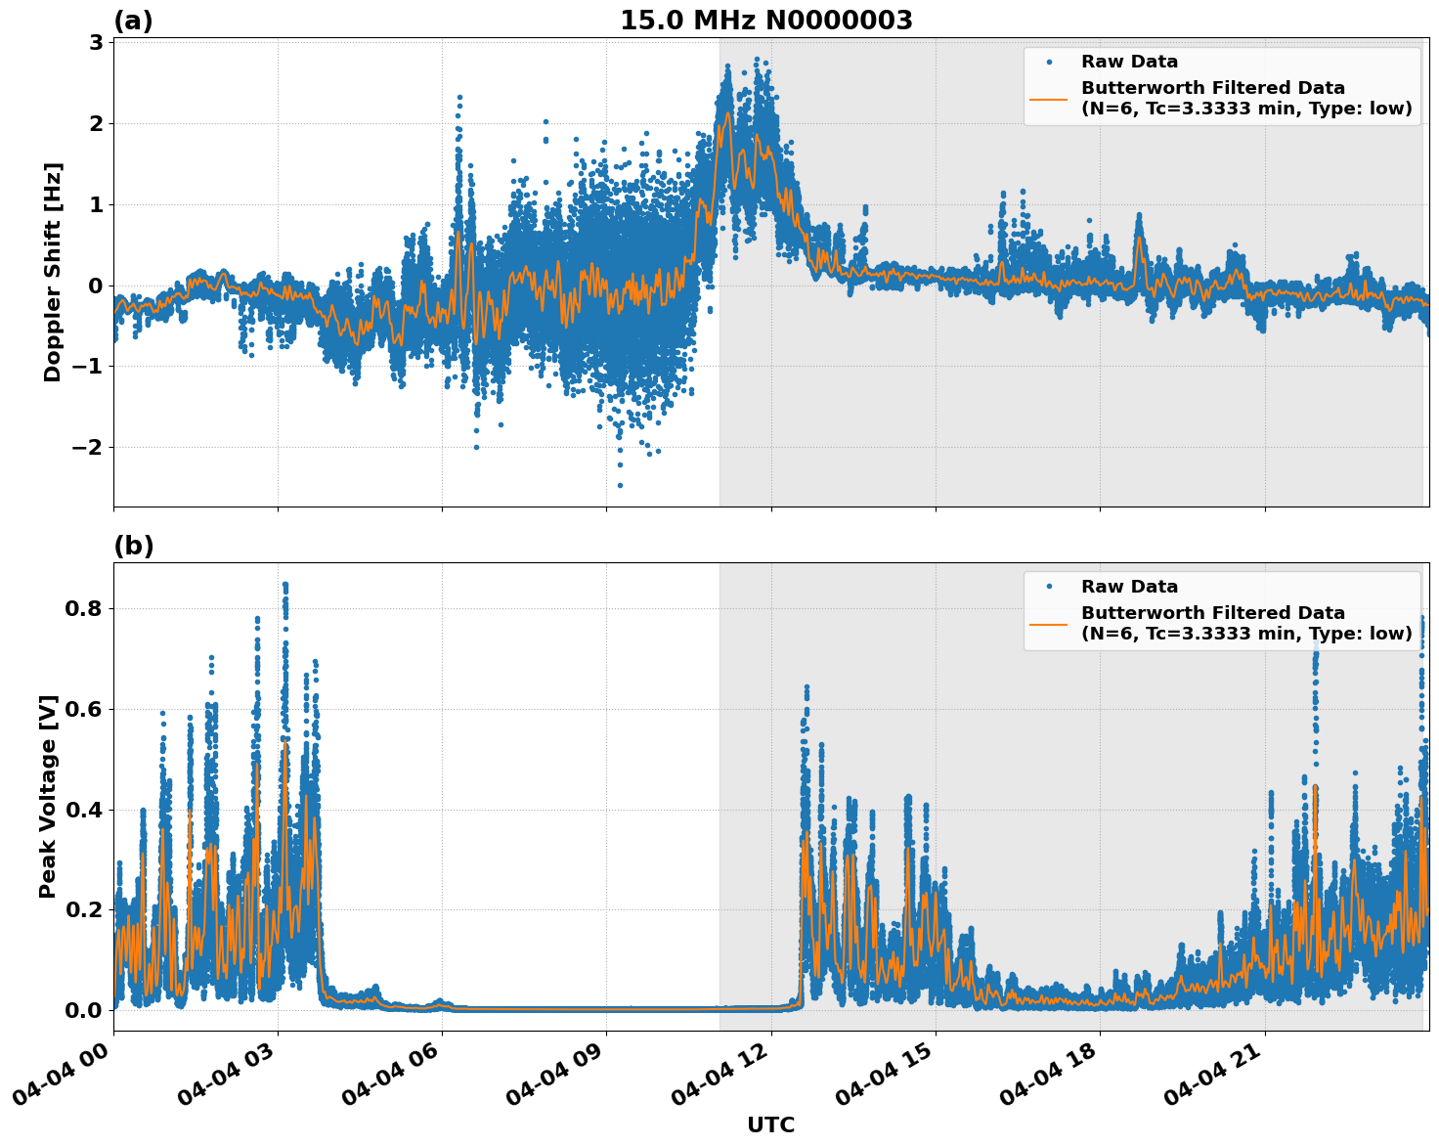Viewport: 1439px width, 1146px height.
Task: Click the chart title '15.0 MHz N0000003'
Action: click(765, 21)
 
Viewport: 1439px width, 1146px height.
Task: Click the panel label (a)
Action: click(133, 21)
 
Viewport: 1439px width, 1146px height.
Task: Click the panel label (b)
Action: click(133, 546)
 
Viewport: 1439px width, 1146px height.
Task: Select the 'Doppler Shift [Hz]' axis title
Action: click(53, 272)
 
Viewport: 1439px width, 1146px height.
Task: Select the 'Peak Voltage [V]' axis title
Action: click(48, 796)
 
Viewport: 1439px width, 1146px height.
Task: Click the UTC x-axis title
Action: click(770, 1124)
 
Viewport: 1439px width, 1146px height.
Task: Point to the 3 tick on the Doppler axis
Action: click(96, 42)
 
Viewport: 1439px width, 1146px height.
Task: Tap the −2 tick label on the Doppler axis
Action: click(88, 447)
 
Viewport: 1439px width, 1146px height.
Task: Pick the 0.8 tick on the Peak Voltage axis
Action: click(85, 608)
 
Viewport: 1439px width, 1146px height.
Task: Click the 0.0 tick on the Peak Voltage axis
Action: click(85, 1010)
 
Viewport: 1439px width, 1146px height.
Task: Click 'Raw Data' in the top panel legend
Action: click(1129, 62)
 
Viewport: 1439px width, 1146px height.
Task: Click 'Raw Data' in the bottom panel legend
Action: click(1129, 587)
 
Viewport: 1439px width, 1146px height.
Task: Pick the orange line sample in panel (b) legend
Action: click(1049, 623)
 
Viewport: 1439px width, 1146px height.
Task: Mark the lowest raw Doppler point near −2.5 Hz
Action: click(620, 485)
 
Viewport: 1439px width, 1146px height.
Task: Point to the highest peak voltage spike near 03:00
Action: click(284, 585)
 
